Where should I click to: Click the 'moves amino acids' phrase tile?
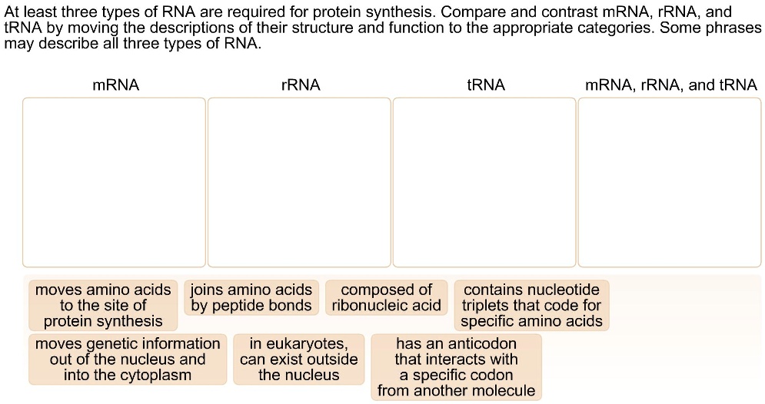coord(103,305)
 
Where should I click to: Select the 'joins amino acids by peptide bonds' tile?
coord(251,298)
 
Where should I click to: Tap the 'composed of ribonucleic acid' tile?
coord(386,298)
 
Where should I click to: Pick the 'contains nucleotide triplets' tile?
coord(531,305)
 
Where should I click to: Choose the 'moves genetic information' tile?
coord(128,359)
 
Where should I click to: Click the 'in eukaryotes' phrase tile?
coord(298,359)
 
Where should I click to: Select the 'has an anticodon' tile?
coord(456,366)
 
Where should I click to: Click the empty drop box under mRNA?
coord(114,182)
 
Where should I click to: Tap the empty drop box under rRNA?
coord(299,182)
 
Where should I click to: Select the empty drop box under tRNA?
coord(484,182)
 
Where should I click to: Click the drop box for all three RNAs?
coord(670,182)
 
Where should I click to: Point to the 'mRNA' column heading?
coord(115,85)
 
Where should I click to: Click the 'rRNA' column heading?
coord(301,85)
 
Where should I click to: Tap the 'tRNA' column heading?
coord(486,85)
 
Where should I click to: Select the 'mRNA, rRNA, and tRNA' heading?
coord(671,85)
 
